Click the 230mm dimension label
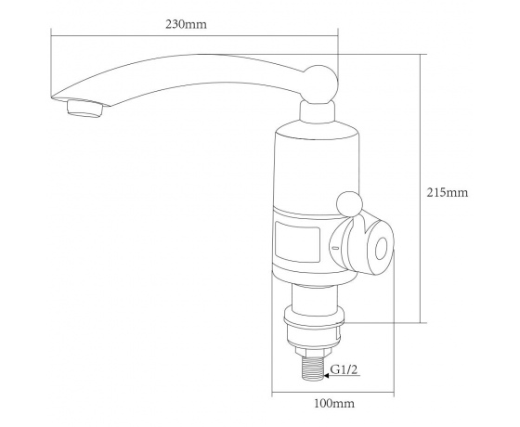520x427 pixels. point(186,25)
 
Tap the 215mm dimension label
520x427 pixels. point(447,193)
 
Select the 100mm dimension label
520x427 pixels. point(334,404)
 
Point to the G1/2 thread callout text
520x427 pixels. point(344,369)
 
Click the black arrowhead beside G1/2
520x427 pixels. point(326,376)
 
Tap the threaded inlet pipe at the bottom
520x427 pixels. point(314,369)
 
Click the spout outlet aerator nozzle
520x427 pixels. point(85,108)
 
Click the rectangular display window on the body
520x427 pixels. point(297,241)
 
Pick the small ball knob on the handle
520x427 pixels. point(349,204)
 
